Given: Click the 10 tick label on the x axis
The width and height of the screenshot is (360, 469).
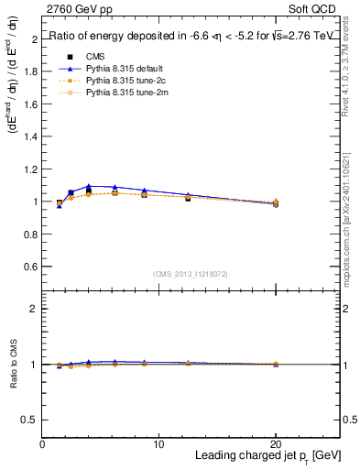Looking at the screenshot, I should click(158, 444).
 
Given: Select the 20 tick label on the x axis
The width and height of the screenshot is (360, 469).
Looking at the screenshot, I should click(276, 444).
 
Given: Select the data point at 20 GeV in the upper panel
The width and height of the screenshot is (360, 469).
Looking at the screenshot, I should click(276, 203).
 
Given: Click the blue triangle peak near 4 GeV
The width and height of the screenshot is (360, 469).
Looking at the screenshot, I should click(89, 186).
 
